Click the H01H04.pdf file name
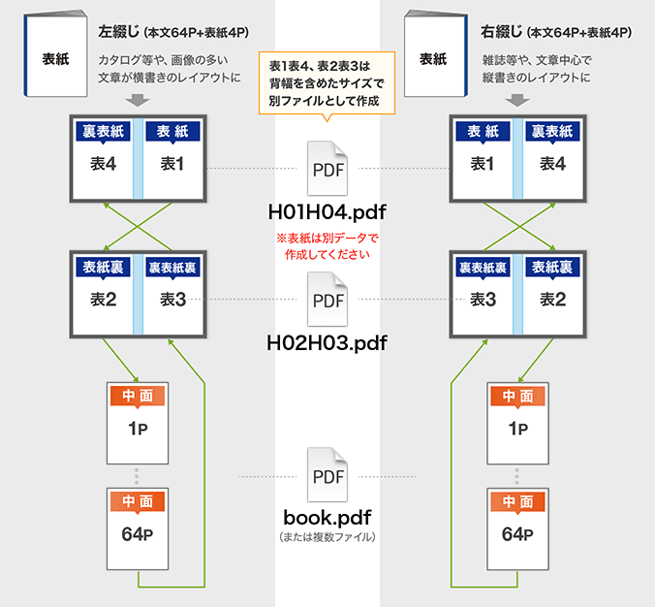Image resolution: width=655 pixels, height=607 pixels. pos(327,212)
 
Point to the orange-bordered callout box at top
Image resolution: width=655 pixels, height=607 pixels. pos(327,83)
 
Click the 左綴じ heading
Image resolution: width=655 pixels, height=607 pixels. pos(119,34)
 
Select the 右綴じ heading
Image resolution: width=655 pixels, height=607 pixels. pos(501,34)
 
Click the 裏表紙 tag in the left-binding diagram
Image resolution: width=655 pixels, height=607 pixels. pos(104,131)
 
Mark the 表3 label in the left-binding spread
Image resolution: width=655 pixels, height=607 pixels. pos(173,299)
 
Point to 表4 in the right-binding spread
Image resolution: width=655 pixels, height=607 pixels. pos(552,164)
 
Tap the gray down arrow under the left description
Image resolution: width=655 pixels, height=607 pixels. pos(138,101)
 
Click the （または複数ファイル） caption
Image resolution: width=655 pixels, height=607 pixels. pos(327,535)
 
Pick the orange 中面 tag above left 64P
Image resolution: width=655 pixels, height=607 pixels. pos(138,501)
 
